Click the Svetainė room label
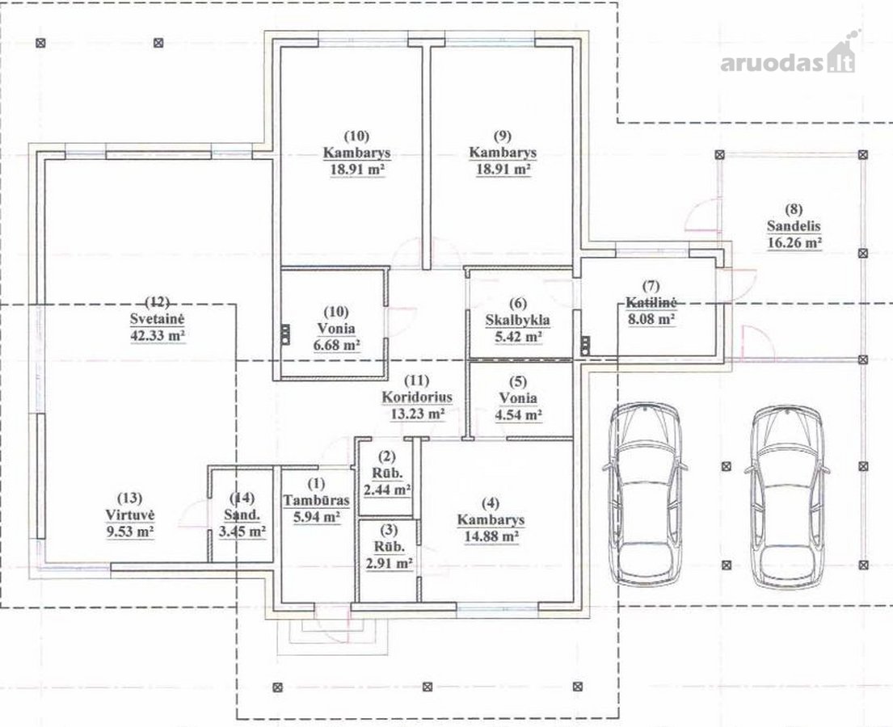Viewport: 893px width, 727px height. pos(158,319)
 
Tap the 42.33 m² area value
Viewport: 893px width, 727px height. pos(158,335)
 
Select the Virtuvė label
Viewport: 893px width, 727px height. pos(130,515)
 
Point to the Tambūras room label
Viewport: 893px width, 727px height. pos(316,500)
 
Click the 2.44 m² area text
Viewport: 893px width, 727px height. pos(388,489)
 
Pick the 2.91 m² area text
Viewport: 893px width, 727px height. pos(389,564)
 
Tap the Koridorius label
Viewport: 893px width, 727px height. pos(417,397)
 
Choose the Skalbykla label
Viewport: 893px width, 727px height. pos(518,320)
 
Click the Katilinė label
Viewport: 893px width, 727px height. pos(651,302)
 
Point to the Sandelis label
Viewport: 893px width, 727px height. pos(794,226)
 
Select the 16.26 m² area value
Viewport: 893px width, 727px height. pos(794,243)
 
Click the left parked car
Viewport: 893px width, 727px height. pos(645,494)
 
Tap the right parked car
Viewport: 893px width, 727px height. pos(786,496)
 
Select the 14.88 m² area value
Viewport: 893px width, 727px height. pos(491,536)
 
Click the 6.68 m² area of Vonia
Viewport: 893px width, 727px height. pos(336,345)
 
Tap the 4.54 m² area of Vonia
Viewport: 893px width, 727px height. pos(518,414)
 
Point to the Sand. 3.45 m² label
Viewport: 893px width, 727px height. pos(242,515)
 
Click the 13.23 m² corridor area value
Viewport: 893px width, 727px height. pos(417,414)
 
